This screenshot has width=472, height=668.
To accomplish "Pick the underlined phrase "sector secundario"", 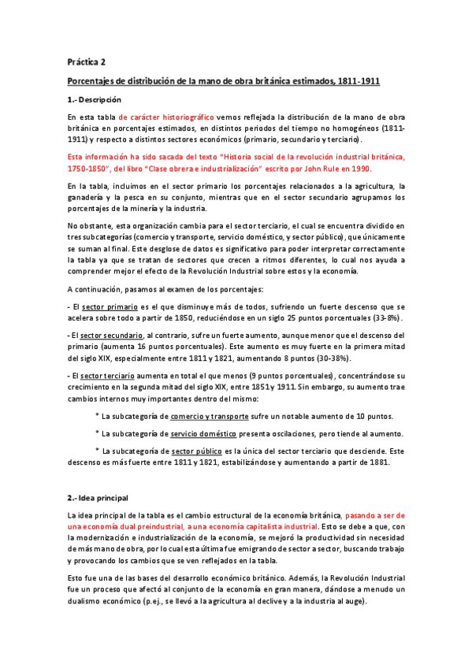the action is coord(107,333).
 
